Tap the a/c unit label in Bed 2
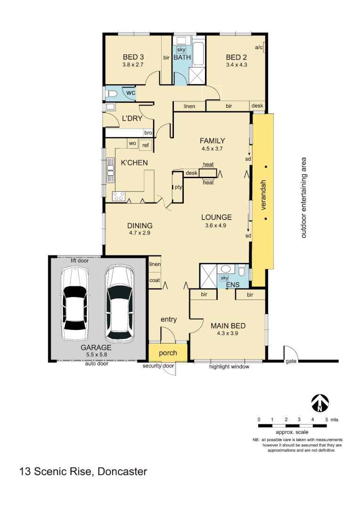pos(258,48)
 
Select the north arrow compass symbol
pos(320,402)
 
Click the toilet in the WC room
pos(111,94)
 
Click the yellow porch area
pos(168,353)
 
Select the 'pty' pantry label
pos(178,187)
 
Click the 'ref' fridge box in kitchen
pos(146,145)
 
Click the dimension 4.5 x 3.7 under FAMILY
pos(212,148)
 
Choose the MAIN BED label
pos(228,326)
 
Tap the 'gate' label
pos(291,361)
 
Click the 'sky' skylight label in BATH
pos(181,49)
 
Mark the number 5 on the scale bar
pos(326,419)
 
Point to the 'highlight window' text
pos(229,367)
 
